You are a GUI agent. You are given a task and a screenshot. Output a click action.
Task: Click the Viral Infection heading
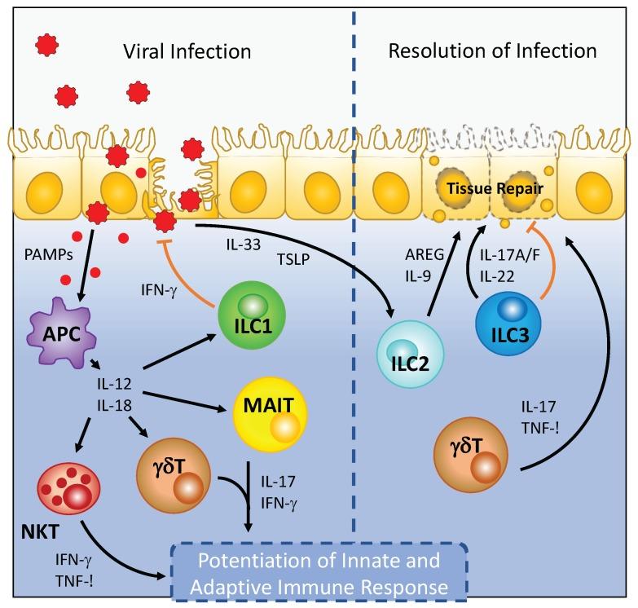coord(186,53)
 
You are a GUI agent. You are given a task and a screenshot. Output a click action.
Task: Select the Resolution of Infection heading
coord(493,53)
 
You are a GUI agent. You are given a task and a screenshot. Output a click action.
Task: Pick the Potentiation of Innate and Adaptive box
coord(328,573)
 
